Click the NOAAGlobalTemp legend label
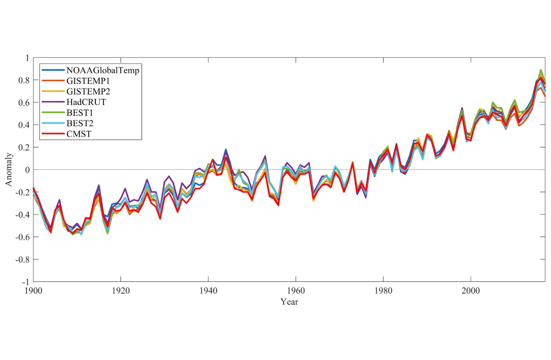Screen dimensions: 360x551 coord(103,70)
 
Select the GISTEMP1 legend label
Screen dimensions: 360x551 coord(88,81)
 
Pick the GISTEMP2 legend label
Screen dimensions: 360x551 coord(88,92)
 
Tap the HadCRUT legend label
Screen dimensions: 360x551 coord(86,102)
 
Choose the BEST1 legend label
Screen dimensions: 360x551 coord(80,113)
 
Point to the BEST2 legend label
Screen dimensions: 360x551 coord(80,124)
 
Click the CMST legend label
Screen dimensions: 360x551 coord(79,134)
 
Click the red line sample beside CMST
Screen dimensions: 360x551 coord(53,134)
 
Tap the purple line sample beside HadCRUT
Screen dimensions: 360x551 coord(53,102)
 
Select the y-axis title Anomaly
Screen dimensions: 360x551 coord(8,170)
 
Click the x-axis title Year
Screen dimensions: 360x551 coord(289,302)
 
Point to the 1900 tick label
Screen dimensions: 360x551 coord(33,291)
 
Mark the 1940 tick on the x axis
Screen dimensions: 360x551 coord(208,291)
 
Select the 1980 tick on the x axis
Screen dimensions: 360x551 coord(383,291)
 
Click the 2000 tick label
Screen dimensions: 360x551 coord(471,291)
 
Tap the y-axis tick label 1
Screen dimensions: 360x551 coord(27,58)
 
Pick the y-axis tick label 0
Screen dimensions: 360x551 coord(27,170)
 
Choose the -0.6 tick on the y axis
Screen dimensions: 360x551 coord(22,237)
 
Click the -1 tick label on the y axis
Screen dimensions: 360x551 coord(25,282)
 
